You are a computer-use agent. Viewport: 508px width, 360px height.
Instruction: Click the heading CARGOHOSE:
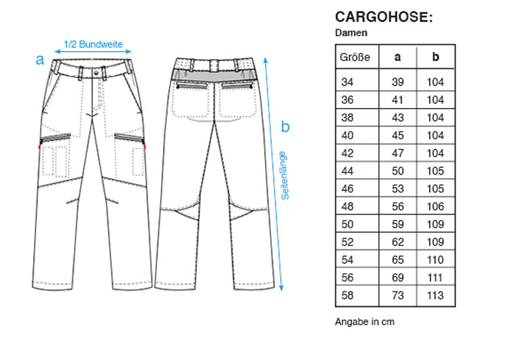384,17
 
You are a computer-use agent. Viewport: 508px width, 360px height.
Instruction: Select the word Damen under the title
351,33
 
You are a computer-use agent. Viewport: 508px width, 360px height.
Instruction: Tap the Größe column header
355,57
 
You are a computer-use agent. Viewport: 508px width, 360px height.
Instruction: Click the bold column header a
397,57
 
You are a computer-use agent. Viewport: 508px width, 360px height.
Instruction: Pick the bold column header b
435,56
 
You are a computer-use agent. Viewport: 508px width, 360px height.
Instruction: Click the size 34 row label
347,82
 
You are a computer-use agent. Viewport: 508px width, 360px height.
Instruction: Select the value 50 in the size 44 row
397,170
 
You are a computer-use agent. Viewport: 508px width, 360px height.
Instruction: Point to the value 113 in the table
435,295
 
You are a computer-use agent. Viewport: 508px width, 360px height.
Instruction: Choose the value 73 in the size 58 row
397,295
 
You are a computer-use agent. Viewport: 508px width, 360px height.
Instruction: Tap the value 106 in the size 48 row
435,206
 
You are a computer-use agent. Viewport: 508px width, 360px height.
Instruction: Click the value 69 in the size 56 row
397,277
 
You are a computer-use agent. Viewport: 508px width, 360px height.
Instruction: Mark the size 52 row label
347,242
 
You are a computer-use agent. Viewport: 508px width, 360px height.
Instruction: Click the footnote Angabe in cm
365,322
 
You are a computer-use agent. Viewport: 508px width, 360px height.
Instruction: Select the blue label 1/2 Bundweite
93,44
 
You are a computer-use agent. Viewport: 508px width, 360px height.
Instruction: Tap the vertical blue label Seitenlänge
285,175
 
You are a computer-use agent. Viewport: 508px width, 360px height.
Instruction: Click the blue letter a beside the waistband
39,60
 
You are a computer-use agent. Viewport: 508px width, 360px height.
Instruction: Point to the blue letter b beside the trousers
285,126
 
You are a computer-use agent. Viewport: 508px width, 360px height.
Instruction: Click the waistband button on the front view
96,73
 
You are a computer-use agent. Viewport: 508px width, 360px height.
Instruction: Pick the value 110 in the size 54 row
435,259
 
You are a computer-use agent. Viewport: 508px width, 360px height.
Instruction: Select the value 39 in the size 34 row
397,82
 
